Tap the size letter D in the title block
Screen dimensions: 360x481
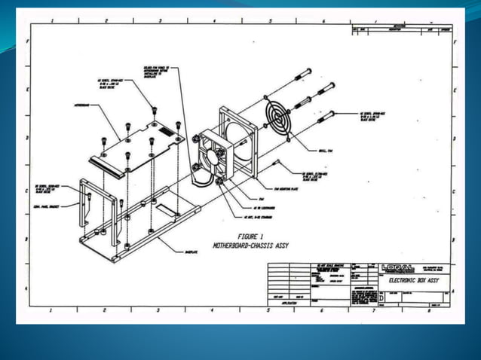pos(380,298)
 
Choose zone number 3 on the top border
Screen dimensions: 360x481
pos(160,20)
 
